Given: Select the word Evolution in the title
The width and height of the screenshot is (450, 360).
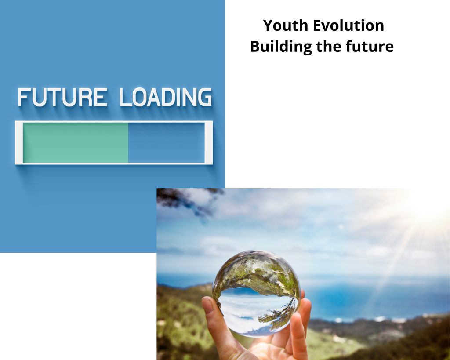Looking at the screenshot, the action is click(348, 25).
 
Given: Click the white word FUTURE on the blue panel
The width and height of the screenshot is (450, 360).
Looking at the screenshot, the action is click(62, 97).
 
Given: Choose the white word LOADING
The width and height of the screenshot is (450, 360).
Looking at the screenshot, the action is click(166, 97).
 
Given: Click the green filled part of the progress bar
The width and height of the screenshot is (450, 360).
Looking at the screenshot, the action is click(76, 143).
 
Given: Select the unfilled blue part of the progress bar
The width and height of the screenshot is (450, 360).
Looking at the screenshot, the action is click(167, 143).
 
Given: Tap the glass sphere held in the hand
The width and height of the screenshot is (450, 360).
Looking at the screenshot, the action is click(256, 293).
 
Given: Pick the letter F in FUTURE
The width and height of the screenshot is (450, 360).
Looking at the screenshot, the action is click(24, 97).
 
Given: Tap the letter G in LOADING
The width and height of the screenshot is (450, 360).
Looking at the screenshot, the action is click(205, 97).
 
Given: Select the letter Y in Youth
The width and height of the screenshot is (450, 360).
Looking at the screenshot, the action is click(269, 25).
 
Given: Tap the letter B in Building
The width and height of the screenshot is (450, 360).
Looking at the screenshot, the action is click(255, 47).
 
